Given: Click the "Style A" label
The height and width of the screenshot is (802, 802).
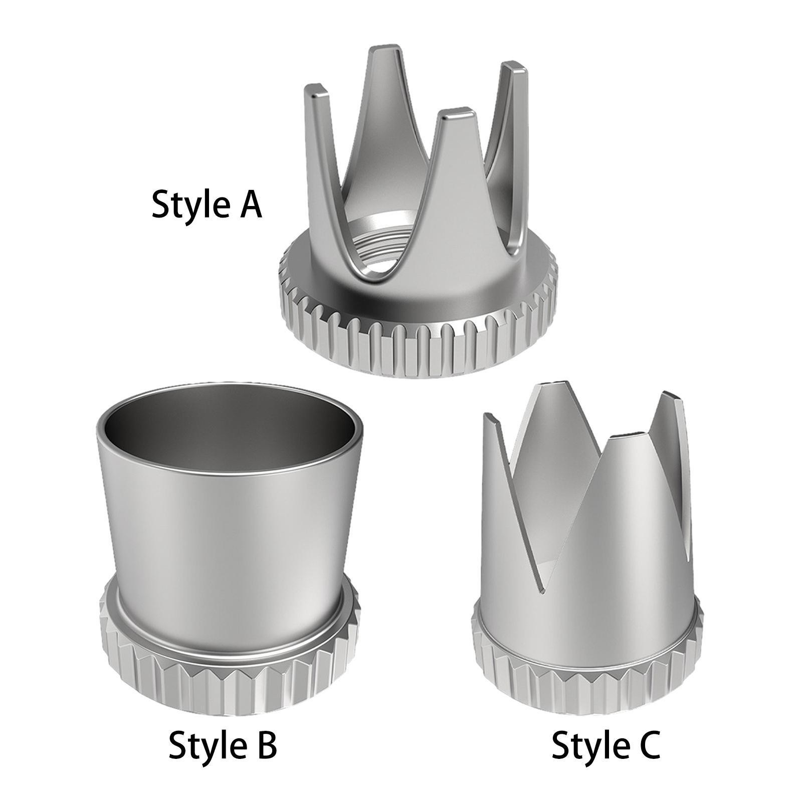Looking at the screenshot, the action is [x=207, y=205].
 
